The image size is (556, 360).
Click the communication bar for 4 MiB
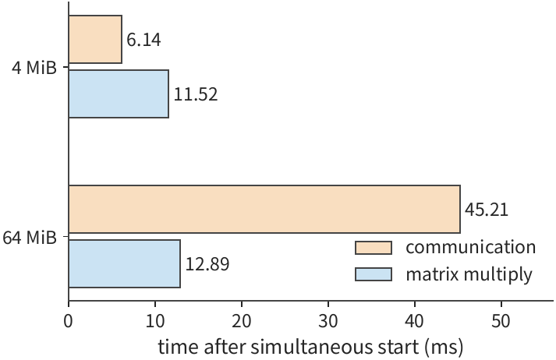(x=95, y=39)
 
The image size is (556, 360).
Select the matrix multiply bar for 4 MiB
(x=119, y=94)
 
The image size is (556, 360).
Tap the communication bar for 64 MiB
(x=264, y=209)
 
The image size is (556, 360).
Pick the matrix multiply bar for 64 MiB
(x=124, y=263)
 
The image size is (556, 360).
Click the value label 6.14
(x=143, y=40)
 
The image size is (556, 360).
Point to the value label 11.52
(x=196, y=94)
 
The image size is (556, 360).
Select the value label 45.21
(x=487, y=210)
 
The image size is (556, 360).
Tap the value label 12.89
(x=207, y=264)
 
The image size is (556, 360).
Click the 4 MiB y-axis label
(x=34, y=67)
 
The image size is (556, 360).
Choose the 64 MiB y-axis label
(x=30, y=237)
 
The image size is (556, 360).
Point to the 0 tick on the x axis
(x=68, y=321)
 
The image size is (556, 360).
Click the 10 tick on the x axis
(x=155, y=321)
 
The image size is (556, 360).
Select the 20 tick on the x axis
(x=242, y=321)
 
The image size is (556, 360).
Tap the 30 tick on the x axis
(x=328, y=321)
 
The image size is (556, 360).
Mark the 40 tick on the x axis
(x=415, y=321)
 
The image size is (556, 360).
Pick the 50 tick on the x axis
(x=501, y=321)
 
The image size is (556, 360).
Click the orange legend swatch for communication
(x=374, y=248)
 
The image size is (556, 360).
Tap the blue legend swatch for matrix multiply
(x=374, y=274)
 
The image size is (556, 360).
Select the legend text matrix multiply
(x=469, y=274)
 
